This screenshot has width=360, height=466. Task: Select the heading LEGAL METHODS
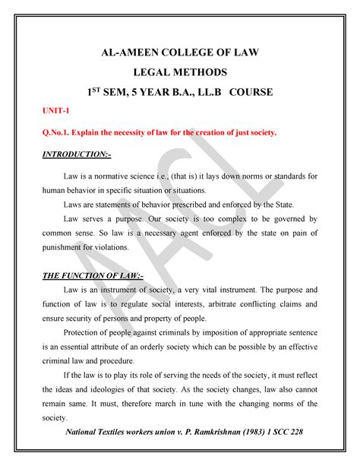click(180, 72)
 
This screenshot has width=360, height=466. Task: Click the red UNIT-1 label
click(55, 111)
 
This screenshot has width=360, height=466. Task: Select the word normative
click(123, 176)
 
